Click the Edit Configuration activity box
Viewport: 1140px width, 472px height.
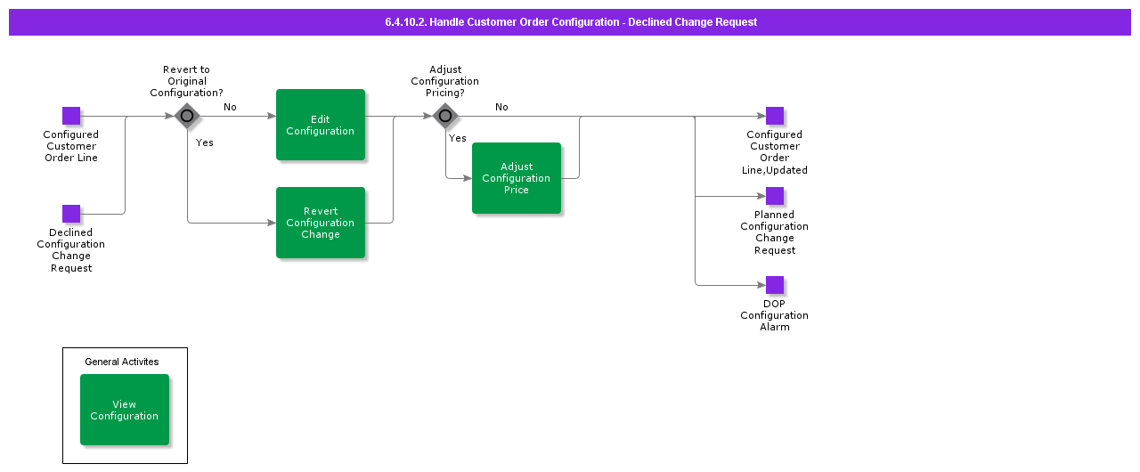click(321, 125)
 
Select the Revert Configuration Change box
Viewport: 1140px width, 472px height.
click(321, 223)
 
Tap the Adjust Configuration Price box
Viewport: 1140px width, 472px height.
click(517, 178)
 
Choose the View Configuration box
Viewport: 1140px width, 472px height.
click(125, 410)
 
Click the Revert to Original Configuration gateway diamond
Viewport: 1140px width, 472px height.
click(187, 116)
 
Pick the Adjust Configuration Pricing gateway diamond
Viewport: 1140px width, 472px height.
click(445, 116)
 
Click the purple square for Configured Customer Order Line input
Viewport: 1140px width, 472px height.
click(71, 116)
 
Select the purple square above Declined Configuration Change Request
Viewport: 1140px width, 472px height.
click(71, 214)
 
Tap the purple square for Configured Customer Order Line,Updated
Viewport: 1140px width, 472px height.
click(775, 116)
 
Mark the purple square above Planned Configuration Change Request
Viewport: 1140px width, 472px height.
click(775, 196)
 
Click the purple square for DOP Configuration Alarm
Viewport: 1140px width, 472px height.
click(775, 285)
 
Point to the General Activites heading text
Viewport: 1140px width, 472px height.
click(122, 362)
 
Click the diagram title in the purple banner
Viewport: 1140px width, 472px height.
click(570, 22)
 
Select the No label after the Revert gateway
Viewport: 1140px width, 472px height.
click(230, 107)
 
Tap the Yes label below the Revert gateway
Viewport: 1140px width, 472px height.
click(204, 142)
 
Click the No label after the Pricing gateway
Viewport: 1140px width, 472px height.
click(501, 107)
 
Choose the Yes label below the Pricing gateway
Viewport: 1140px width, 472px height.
click(458, 138)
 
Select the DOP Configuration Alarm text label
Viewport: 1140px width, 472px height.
click(775, 315)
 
